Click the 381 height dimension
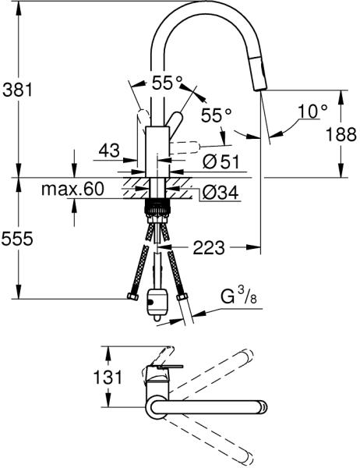click(x=17, y=89)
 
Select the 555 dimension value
click(x=17, y=239)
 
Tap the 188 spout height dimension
click(x=341, y=134)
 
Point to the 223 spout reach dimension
click(x=209, y=248)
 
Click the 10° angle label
click(x=312, y=112)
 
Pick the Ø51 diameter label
click(x=221, y=162)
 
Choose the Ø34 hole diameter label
click(x=221, y=193)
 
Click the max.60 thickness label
click(x=72, y=189)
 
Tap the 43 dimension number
click(x=109, y=150)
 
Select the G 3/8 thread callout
click(x=238, y=296)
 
